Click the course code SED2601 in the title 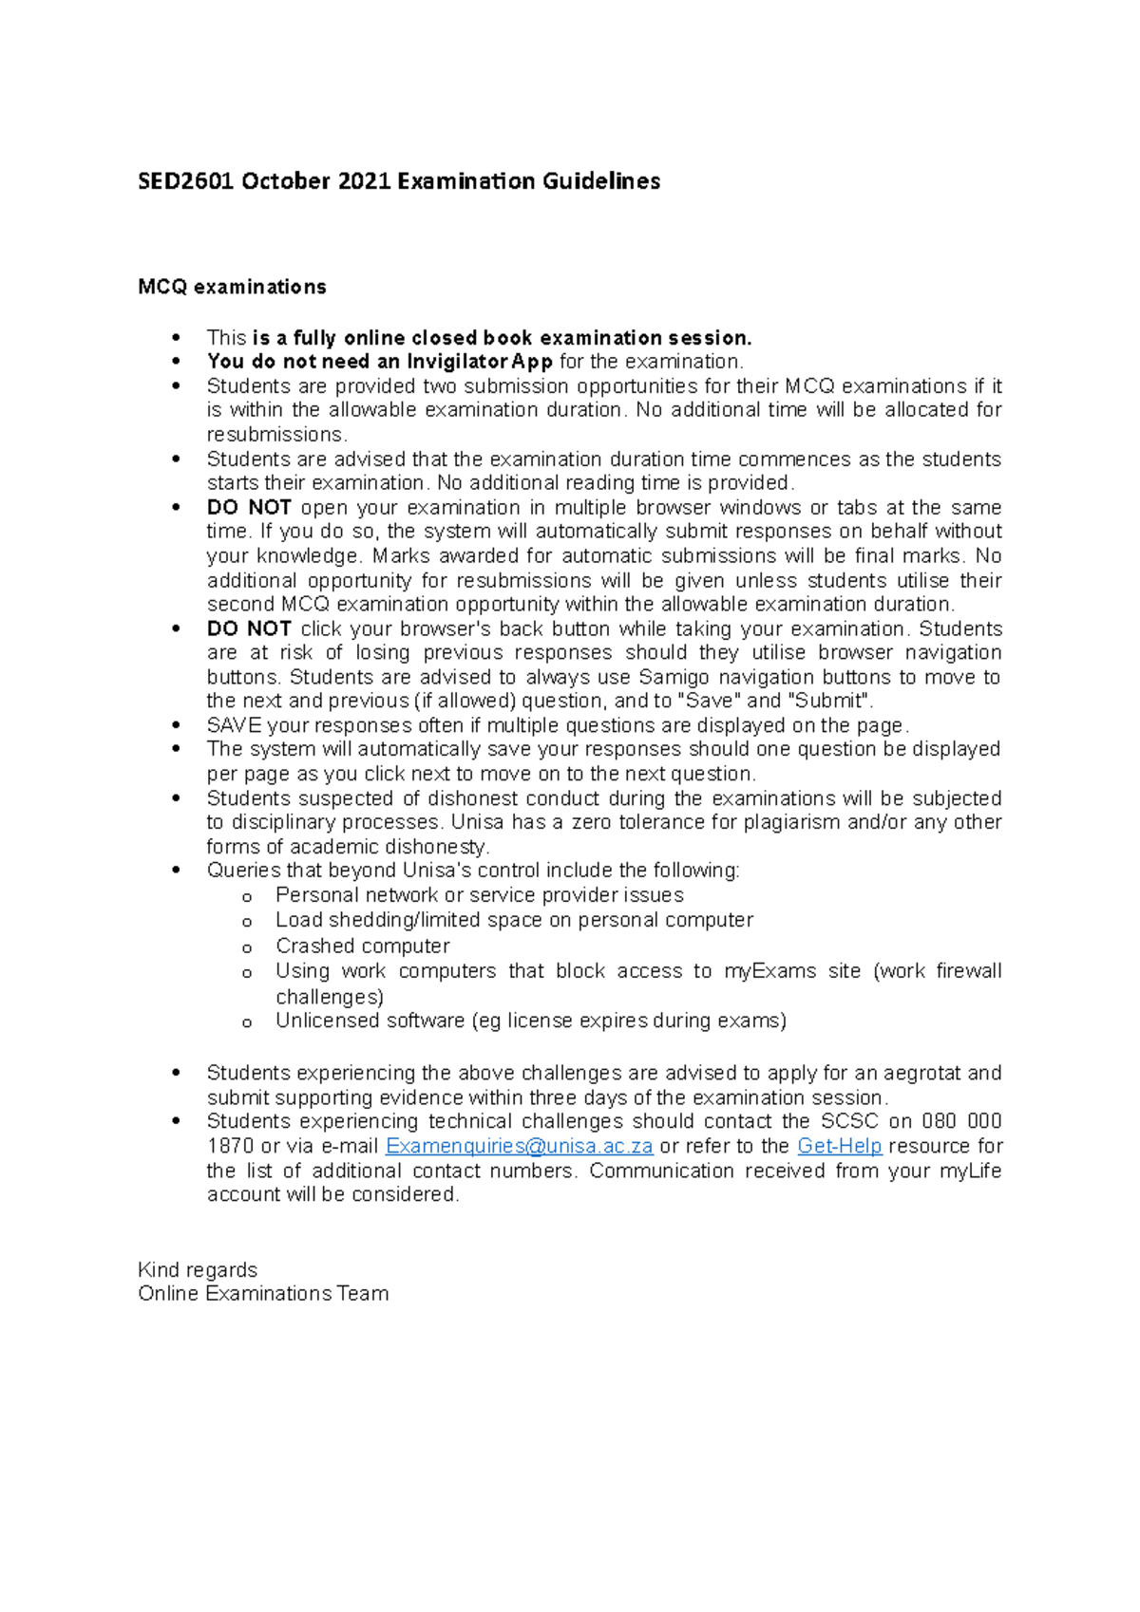tap(185, 181)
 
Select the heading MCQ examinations tap(232, 287)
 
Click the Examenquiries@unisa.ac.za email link tap(519, 1147)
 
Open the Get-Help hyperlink tap(840, 1147)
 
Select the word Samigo tap(674, 677)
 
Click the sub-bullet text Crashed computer tap(363, 946)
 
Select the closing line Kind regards tap(198, 1270)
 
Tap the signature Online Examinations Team tap(263, 1294)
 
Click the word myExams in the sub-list tap(769, 971)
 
